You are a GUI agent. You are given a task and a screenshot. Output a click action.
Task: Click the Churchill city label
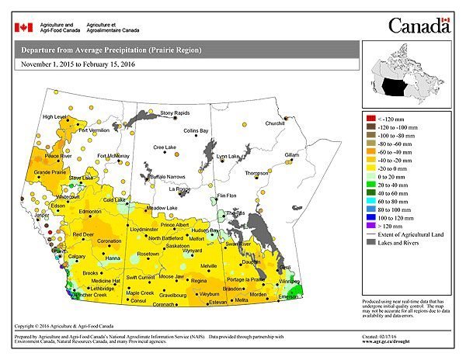click(275, 123)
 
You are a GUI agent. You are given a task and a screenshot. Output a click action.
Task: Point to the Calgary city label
click(77, 256)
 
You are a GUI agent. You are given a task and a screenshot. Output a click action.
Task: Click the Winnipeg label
click(289, 281)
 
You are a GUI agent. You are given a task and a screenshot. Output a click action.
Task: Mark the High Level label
click(55, 117)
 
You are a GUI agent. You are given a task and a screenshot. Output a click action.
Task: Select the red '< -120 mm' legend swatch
click(370, 117)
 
